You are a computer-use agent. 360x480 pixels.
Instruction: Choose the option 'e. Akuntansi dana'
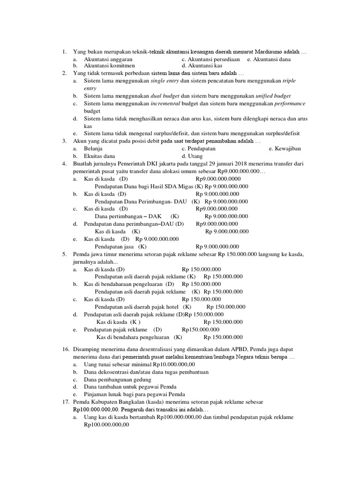point(269,60)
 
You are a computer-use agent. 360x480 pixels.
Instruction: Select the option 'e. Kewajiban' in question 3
point(285,148)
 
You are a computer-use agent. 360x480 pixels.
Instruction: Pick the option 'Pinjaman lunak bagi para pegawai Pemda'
point(135,394)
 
